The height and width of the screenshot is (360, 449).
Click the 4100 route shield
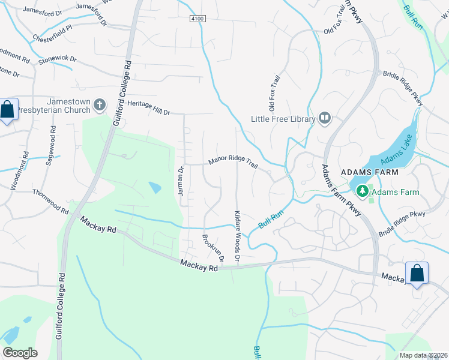(x=197, y=19)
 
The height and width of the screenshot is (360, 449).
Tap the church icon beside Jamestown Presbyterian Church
(x=100, y=106)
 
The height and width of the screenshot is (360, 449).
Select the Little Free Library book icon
(x=325, y=119)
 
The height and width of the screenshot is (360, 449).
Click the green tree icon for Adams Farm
(x=362, y=191)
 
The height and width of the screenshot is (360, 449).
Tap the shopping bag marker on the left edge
(x=7, y=110)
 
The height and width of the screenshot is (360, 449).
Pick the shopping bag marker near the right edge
(x=417, y=274)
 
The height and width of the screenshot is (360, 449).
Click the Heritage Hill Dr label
(x=149, y=108)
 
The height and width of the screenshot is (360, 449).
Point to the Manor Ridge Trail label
(x=232, y=162)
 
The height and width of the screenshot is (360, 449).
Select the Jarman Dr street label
(x=180, y=181)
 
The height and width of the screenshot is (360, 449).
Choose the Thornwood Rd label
(x=50, y=202)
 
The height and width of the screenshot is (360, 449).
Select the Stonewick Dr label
(x=58, y=59)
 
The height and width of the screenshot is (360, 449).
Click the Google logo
(x=20, y=352)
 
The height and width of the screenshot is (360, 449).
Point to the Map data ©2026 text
(x=423, y=355)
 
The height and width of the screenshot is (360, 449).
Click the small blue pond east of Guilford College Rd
(x=155, y=188)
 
